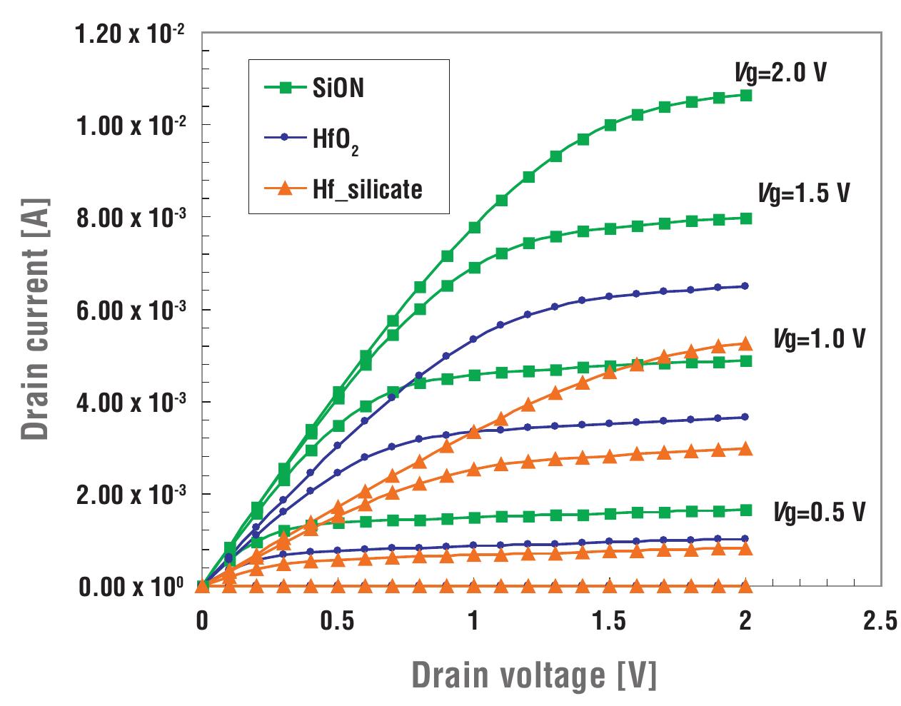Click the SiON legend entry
click(338, 89)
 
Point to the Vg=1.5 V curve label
click(803, 193)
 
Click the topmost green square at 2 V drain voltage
click(745, 95)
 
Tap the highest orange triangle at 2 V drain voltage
click(745, 343)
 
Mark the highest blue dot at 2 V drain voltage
click(745, 286)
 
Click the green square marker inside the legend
click(285, 89)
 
